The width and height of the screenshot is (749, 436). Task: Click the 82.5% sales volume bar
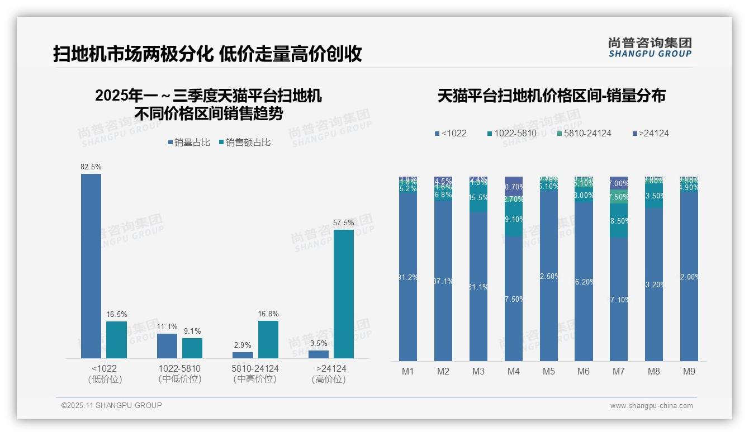91,266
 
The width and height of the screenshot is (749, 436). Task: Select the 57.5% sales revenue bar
343,293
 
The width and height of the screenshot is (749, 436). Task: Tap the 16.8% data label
268,314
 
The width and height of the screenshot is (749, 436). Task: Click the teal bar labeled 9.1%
192,348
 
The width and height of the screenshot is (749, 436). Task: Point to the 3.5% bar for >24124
319,354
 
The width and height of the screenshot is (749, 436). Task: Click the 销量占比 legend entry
189,143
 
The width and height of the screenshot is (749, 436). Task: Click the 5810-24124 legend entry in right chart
584,133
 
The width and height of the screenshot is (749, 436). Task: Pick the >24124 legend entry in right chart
650,133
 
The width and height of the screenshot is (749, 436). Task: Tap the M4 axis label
513,371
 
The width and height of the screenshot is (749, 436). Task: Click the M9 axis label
689,371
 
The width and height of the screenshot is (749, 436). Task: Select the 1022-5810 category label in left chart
179,369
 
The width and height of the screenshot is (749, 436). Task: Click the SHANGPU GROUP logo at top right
650,48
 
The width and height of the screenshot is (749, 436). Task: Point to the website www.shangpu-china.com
651,406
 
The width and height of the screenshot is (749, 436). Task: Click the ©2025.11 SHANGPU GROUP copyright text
112,406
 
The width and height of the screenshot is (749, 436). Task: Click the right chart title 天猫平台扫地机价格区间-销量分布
551,96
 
